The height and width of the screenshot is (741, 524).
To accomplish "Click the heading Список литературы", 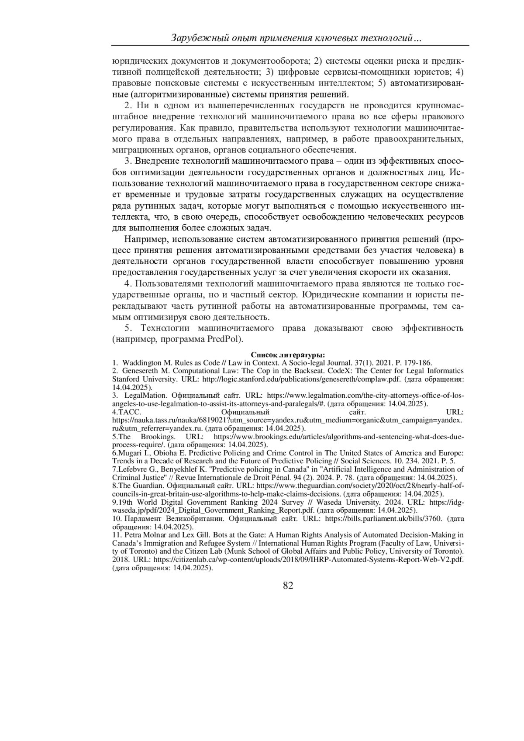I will pos(288,355).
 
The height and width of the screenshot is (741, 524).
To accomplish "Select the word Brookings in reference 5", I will pos(158,437).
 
